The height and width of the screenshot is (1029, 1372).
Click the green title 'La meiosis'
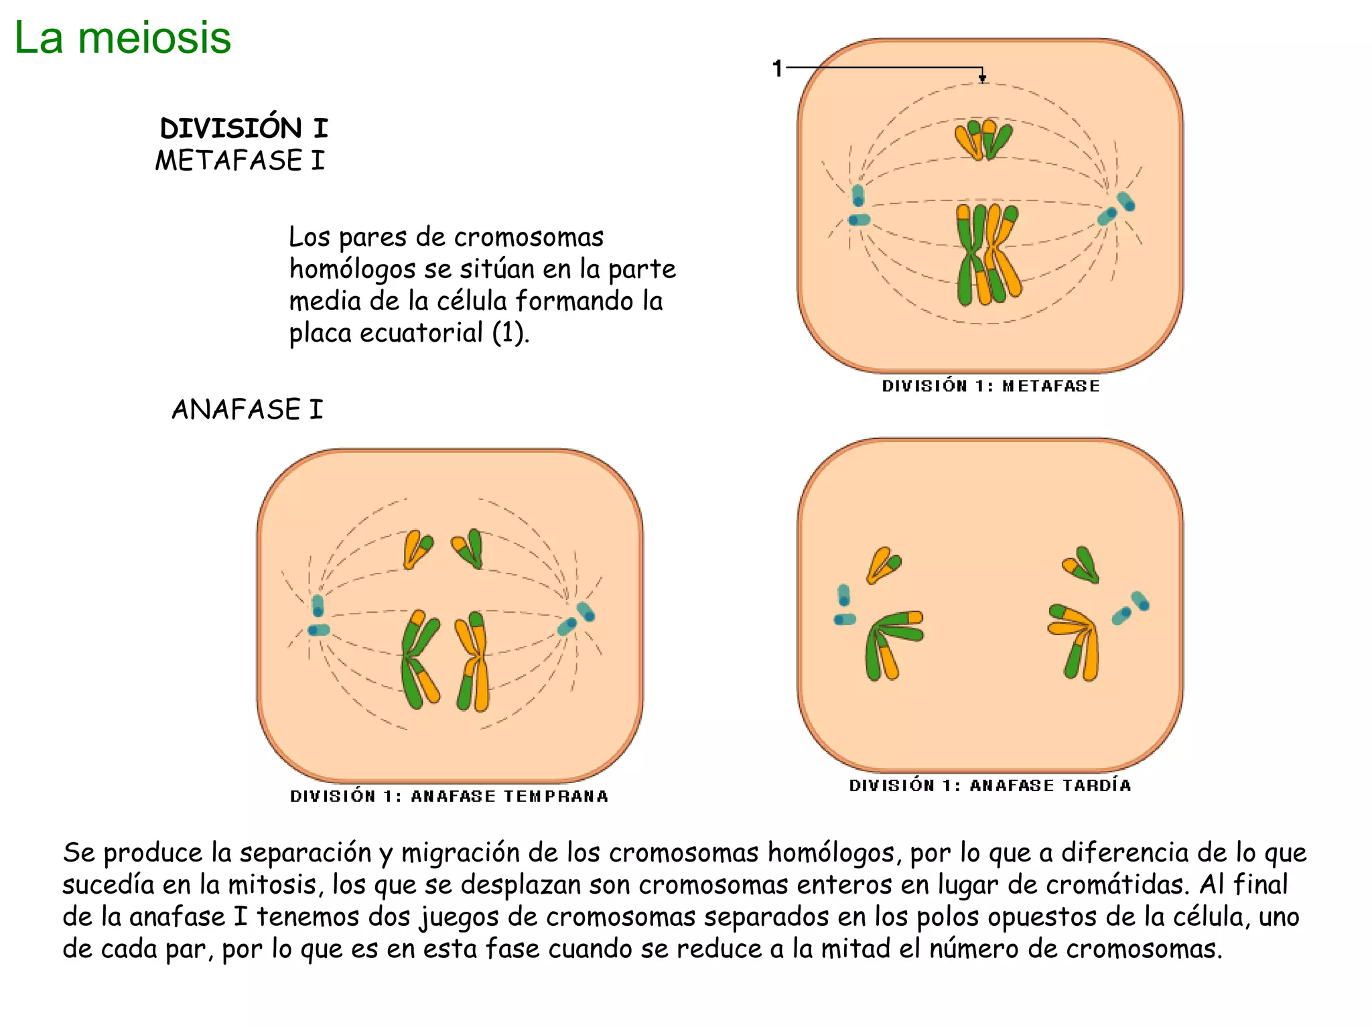[x=123, y=38]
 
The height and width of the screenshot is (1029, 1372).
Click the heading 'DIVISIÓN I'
[x=244, y=128]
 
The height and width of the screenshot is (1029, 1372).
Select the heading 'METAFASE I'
[x=240, y=161]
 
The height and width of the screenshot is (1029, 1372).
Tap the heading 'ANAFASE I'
[x=247, y=409]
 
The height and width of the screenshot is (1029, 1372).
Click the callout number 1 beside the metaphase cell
[x=777, y=68]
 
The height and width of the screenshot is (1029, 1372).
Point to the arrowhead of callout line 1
[x=982, y=79]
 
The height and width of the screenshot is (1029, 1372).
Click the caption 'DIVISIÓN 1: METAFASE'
[x=991, y=386]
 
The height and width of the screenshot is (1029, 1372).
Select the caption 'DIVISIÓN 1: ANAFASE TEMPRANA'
[x=449, y=796]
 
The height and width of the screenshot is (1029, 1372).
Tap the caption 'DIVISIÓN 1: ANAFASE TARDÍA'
[x=990, y=785]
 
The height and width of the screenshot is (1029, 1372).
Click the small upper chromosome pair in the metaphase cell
[x=983, y=139]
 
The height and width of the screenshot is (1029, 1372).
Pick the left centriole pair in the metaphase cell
[x=858, y=207]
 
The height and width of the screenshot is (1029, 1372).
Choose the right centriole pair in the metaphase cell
[x=1117, y=208]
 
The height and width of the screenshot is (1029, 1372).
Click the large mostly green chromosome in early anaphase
[x=419, y=660]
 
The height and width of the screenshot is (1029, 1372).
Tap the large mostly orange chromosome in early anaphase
[x=474, y=660]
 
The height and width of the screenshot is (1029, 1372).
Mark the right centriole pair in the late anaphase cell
[x=1131, y=608]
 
